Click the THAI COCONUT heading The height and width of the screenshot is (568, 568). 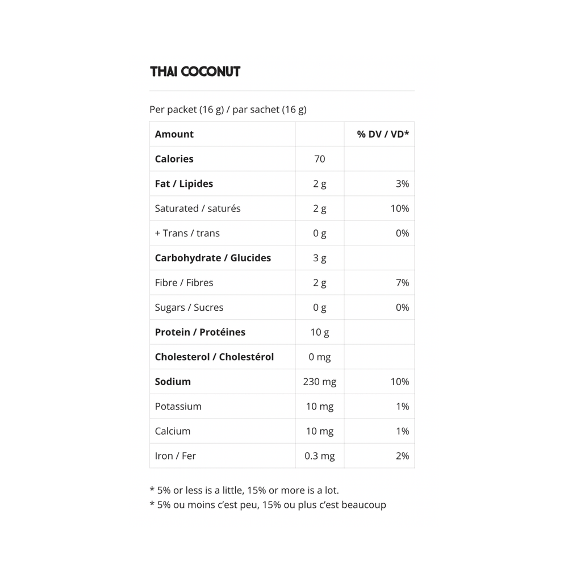[x=195, y=72]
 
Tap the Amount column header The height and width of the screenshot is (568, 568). [x=174, y=134]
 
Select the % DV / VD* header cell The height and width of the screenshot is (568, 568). [x=383, y=134]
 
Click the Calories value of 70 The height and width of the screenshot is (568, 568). [x=320, y=159]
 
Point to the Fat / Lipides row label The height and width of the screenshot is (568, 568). [x=184, y=183]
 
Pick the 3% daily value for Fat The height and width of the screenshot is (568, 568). [x=402, y=183]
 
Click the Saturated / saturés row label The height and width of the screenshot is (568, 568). [x=198, y=208]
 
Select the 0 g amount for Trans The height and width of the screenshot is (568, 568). [x=320, y=233]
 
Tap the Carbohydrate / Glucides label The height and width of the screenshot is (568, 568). [x=213, y=258]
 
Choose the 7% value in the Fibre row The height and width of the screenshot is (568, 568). [x=402, y=282]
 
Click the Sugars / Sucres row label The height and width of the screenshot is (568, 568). [x=189, y=307]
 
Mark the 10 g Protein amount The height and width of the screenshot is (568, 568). [x=320, y=332]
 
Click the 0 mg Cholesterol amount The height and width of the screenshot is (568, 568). [x=320, y=357]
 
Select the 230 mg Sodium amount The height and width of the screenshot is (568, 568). [x=320, y=382]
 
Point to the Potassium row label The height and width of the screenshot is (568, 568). [x=178, y=406]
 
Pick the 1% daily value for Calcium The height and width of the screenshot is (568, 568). [x=402, y=431]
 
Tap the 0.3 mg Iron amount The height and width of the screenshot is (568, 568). [x=320, y=456]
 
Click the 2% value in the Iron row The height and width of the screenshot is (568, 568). [x=402, y=456]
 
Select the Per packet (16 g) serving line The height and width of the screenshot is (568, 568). [x=228, y=110]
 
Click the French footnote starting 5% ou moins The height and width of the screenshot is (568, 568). [x=268, y=504]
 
